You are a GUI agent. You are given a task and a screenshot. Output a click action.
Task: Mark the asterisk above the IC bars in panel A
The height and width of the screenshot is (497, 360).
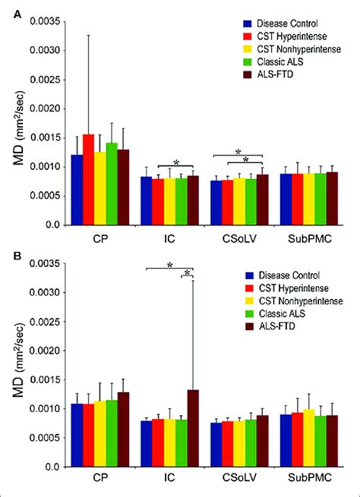coord(175,162)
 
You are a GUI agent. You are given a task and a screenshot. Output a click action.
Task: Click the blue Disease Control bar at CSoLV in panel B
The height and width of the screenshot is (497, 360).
coord(216,445)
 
